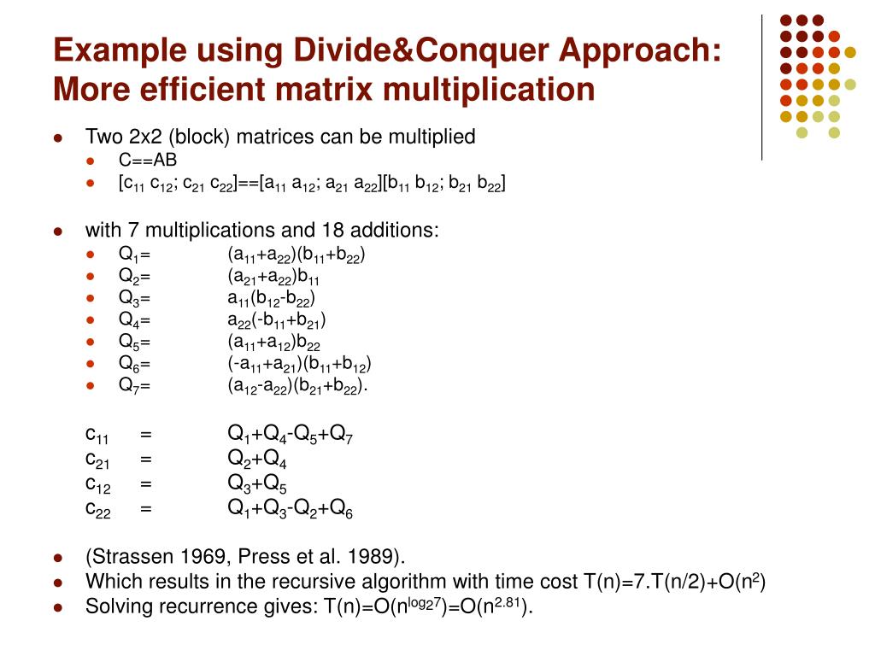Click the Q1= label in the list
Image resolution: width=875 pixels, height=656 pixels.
(x=134, y=255)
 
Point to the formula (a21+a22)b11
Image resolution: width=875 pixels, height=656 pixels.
(x=273, y=276)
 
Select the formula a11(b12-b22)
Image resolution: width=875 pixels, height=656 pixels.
(x=271, y=298)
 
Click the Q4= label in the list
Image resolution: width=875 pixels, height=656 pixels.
(x=134, y=320)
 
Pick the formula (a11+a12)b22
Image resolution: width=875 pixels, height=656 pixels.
(x=273, y=342)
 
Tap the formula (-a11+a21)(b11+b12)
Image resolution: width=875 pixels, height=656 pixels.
(x=299, y=364)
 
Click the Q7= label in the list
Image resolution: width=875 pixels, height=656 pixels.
(x=134, y=385)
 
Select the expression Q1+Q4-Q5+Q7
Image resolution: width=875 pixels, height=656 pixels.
(x=290, y=435)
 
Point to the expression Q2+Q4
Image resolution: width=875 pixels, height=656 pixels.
(x=256, y=460)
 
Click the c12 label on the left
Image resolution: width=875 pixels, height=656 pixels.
(x=97, y=484)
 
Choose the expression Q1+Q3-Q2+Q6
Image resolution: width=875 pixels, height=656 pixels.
(x=290, y=509)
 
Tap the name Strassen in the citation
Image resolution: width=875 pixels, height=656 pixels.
(x=125, y=557)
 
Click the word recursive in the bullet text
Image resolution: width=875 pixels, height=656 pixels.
(x=316, y=583)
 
